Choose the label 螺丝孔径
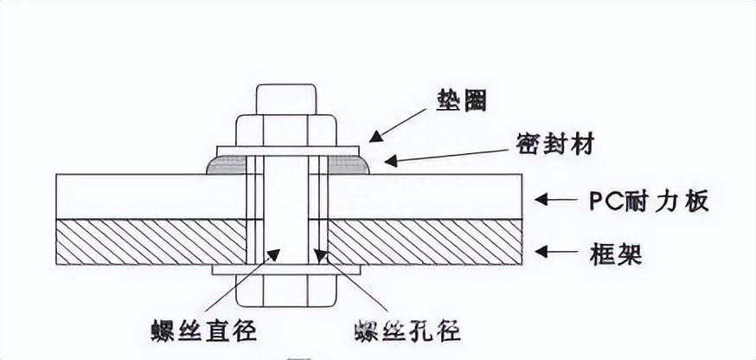click(407, 331)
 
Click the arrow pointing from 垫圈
click(398, 125)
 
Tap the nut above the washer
click(286, 129)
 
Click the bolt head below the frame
click(286, 291)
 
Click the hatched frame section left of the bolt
click(151, 241)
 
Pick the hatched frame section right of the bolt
click(424, 241)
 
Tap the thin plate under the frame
click(286, 270)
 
